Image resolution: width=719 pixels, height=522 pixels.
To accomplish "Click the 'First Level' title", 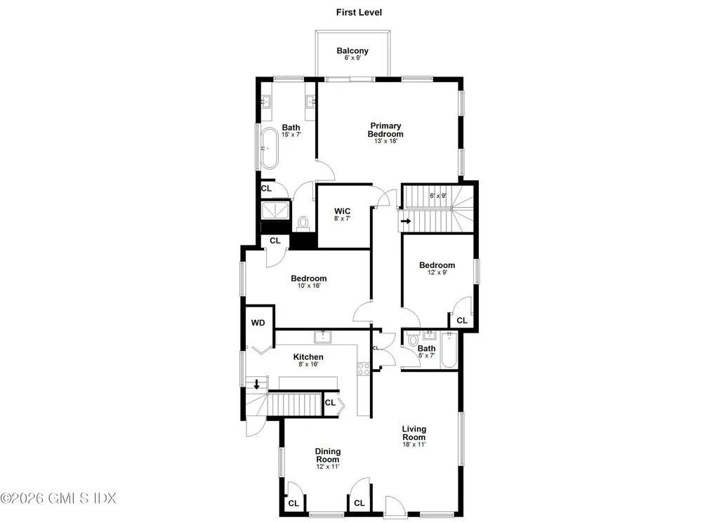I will [359, 12].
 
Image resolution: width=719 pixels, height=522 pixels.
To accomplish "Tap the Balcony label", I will [352, 51].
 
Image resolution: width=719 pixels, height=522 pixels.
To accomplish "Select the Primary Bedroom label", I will [386, 130].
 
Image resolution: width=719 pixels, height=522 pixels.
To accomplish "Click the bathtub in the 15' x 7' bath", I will [268, 149].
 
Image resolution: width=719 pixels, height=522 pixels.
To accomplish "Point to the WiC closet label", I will [342, 210].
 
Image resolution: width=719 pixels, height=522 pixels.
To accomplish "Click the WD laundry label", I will [258, 323].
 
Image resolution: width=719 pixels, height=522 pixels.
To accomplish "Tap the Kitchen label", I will [308, 357].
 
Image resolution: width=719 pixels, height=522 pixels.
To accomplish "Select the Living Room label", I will [414, 433].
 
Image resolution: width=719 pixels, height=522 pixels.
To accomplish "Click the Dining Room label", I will [327, 455].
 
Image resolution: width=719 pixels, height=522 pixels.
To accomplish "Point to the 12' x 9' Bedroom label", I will [437, 265].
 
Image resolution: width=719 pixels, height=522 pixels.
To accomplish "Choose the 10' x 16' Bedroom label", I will [309, 279].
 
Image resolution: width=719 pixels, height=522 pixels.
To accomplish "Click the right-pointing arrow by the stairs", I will [406, 221].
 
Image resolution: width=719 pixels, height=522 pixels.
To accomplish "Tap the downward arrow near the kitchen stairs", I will [257, 384].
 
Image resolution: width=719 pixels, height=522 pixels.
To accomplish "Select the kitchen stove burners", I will [363, 368].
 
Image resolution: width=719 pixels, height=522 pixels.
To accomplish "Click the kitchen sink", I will [324, 337].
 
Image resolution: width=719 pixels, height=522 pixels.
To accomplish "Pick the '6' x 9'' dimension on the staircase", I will [437, 196].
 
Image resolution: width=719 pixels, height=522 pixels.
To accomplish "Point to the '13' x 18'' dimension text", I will [386, 141].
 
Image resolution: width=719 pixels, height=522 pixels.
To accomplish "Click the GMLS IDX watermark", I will [58, 498].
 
